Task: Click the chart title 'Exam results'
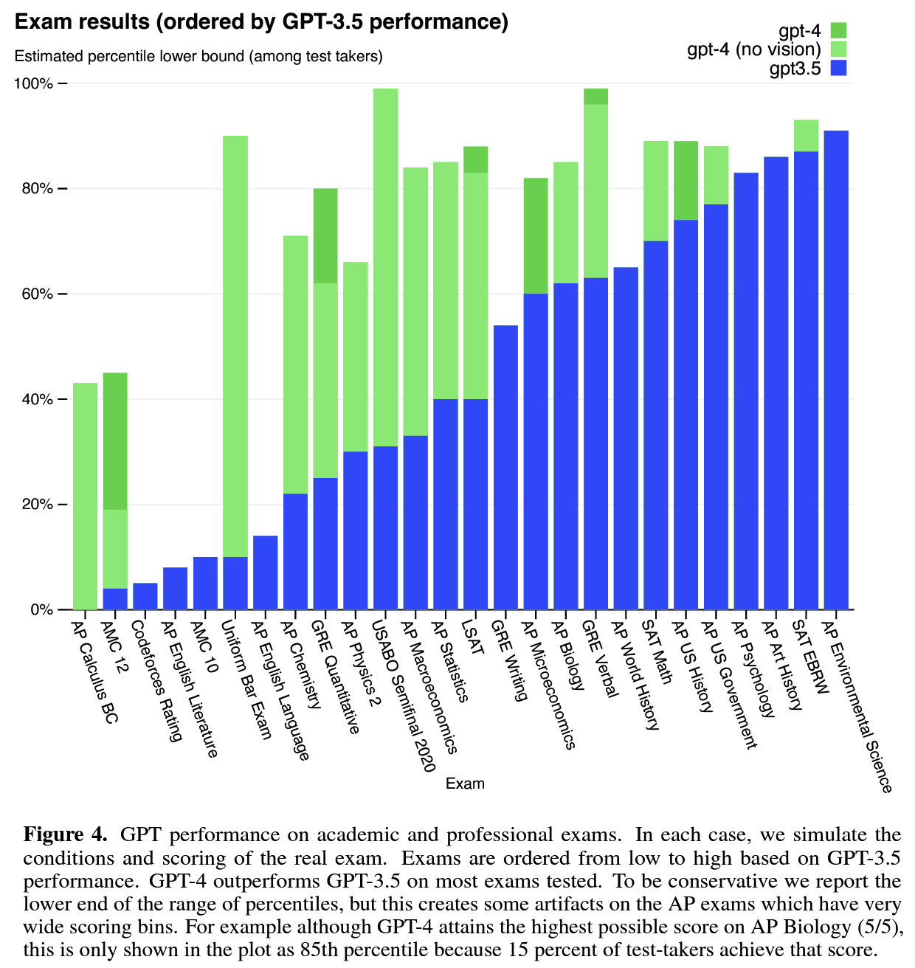coord(261,22)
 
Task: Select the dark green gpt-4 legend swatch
coord(838,30)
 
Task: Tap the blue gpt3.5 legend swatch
coord(838,69)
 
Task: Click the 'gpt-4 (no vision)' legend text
coord(753,49)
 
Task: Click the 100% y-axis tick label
coord(33,83)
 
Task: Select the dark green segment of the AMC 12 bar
coord(115,441)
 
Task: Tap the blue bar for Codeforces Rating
coord(145,597)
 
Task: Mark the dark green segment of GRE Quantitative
coord(325,236)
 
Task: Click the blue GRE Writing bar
coord(505,468)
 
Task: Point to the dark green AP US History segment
coord(686,181)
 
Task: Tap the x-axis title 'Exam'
coord(465,784)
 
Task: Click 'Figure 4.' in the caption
coord(66,835)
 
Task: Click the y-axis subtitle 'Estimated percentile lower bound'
coord(198,56)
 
